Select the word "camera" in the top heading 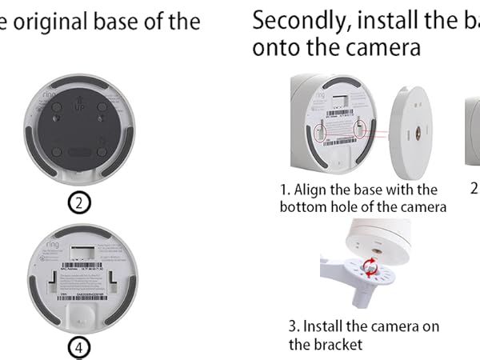coord(374,47)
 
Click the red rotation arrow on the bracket coord(370,266)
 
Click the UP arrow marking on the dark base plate coord(79,105)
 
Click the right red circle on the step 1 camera coord(362,126)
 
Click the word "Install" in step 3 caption coord(325,327)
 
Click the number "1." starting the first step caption coord(285,190)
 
